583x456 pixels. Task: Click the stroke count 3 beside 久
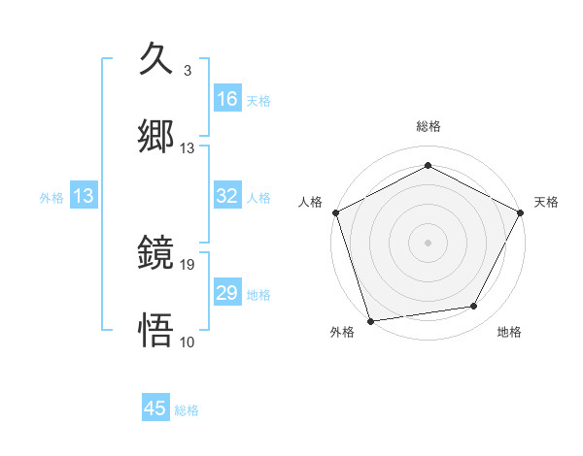point(187,71)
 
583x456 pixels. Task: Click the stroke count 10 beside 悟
point(188,342)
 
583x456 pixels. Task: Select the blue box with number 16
point(227,98)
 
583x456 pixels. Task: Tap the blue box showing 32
point(227,196)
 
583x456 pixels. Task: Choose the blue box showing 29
point(227,293)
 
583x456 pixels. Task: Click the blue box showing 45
point(155,408)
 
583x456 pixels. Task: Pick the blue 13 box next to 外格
point(84,196)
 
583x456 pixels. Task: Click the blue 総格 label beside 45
point(187,410)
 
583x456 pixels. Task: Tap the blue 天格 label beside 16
point(258,100)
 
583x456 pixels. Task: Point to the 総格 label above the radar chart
point(428,126)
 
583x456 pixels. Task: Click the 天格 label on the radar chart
point(546,202)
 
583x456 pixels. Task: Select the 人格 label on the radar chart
point(310,202)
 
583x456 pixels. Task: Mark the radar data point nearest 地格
point(474,307)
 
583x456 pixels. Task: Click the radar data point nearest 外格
point(370,320)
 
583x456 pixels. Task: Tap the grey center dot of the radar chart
point(428,242)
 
